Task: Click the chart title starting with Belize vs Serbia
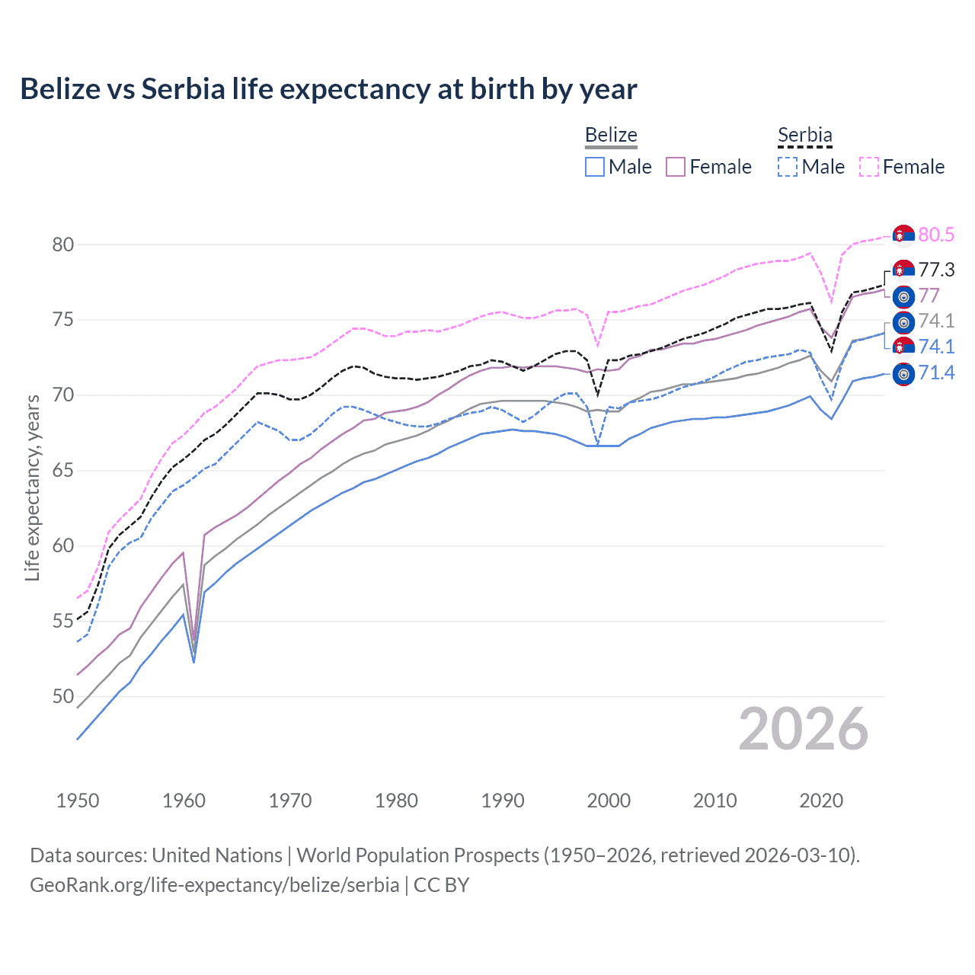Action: (328, 89)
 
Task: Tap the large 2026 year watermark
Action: (803, 729)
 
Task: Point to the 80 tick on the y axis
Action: (63, 245)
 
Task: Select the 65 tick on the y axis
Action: (63, 470)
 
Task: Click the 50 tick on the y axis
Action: (63, 696)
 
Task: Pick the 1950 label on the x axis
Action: (78, 801)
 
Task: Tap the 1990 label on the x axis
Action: (503, 801)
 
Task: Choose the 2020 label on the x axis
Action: (821, 801)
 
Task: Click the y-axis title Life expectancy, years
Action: (32, 487)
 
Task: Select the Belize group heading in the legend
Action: (611, 135)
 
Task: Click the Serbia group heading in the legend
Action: (804, 135)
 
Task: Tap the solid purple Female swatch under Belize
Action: (676, 167)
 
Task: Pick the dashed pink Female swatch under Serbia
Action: (869, 167)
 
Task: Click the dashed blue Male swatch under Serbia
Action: (788, 167)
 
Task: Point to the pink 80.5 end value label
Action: (936, 235)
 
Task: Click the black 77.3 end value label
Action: (936, 270)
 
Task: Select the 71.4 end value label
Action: (936, 372)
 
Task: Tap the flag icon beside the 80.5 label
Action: (903, 235)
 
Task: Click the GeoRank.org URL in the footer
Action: (214, 885)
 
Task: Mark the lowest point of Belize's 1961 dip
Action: (193, 661)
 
